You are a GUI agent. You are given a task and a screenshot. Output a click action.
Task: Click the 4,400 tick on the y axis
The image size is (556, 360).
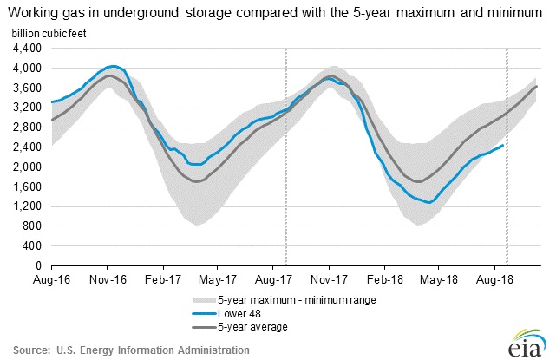pyautogui.click(x=29, y=48)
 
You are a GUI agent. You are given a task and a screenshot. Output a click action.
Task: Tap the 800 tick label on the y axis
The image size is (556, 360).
pyautogui.click(x=35, y=226)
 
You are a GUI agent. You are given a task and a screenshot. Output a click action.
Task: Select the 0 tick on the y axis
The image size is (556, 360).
pyautogui.click(x=41, y=265)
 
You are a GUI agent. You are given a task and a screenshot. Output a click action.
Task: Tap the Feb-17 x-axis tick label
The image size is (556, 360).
pyautogui.click(x=162, y=279)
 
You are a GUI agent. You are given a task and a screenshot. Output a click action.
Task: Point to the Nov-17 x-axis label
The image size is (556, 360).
pyautogui.click(x=329, y=279)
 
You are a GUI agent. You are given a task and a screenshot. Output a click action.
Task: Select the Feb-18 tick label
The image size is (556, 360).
pyautogui.click(x=384, y=279)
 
